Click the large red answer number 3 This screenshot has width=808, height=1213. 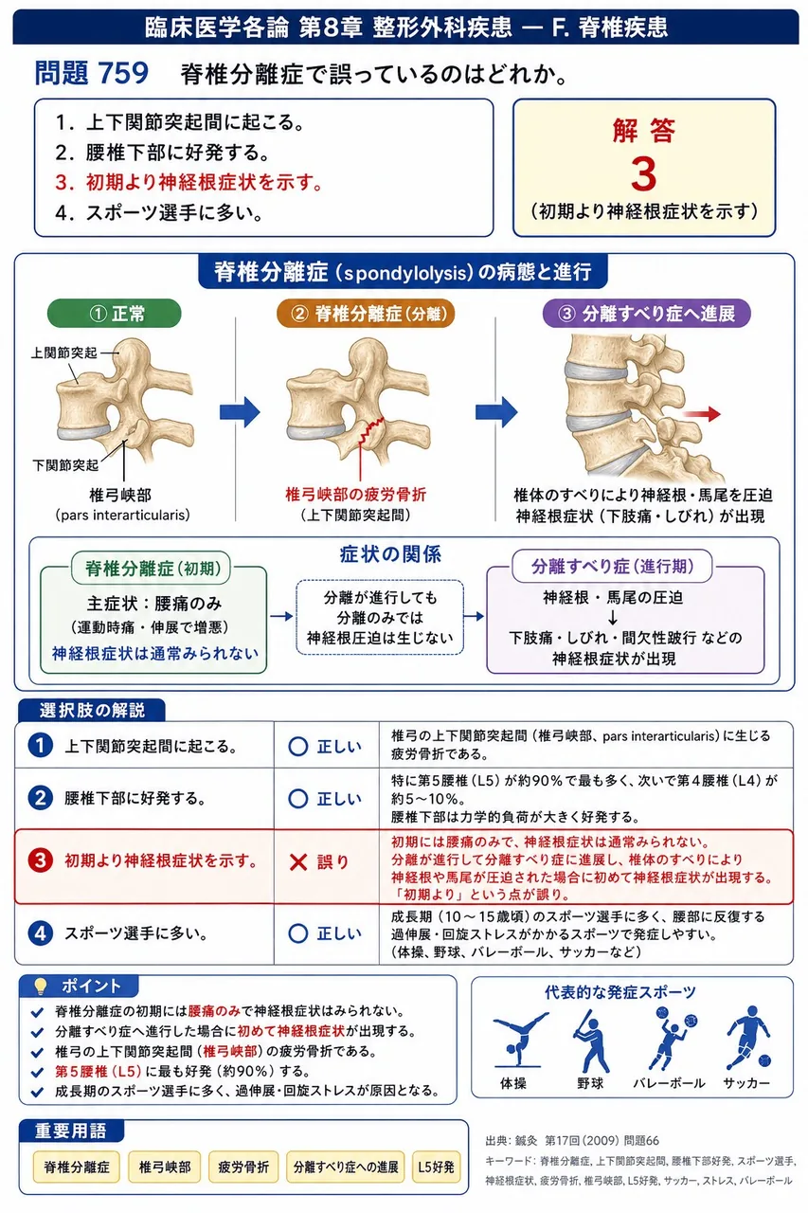tap(643, 174)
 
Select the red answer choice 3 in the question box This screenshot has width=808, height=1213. tap(189, 183)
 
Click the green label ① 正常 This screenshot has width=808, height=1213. tap(115, 313)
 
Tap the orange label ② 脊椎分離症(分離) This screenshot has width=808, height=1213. tap(366, 313)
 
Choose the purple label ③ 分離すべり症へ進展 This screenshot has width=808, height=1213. tap(647, 313)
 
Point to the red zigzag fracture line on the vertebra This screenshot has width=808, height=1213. tap(372, 429)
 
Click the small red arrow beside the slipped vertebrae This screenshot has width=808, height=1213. tap(701, 414)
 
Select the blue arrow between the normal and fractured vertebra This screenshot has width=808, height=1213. tap(240, 412)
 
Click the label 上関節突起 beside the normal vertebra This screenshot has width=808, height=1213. tap(63, 353)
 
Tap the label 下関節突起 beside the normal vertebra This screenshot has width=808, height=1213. tap(65, 465)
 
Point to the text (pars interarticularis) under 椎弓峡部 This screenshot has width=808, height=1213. tap(123, 515)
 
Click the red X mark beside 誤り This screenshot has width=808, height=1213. tap(298, 861)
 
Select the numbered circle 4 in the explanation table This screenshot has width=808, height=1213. tap(40, 933)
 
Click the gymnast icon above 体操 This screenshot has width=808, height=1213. tap(517, 1040)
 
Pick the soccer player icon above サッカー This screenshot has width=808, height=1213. tap(748, 1038)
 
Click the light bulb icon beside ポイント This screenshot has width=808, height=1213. tap(40, 987)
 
